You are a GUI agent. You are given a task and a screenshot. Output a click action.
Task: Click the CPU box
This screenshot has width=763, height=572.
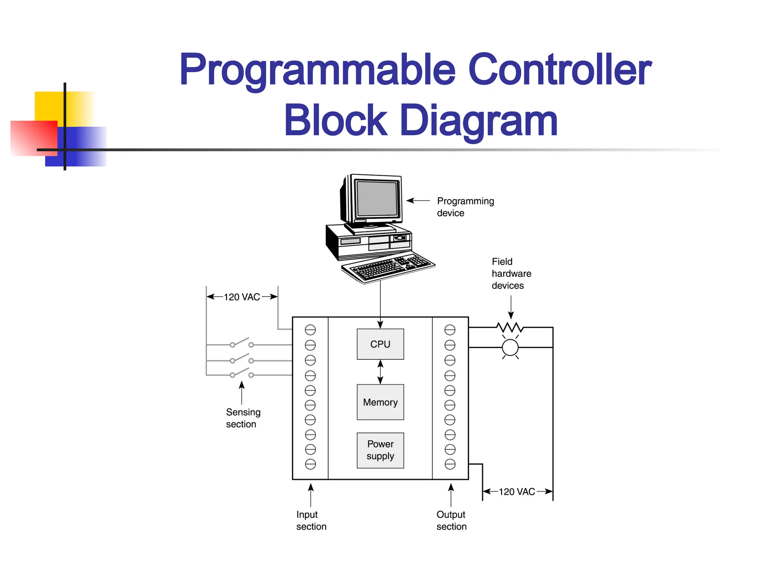[380, 344]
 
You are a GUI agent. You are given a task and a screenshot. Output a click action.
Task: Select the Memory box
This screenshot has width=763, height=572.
[380, 402]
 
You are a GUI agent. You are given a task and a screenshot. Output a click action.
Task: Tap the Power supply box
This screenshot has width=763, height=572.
[380, 450]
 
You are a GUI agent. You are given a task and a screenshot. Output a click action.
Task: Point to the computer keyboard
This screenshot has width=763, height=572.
[388, 267]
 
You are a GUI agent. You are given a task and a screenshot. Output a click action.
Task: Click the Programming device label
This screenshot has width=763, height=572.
[465, 207]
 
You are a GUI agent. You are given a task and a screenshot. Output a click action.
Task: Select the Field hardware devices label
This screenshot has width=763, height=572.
[511, 273]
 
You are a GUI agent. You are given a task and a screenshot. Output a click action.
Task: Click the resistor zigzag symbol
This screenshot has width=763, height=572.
[510, 328]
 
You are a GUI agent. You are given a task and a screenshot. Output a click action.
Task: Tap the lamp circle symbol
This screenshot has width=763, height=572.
[510, 348]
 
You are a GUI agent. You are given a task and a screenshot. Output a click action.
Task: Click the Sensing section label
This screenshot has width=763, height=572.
[243, 418]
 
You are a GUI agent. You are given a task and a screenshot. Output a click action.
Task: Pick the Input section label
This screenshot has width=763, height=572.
[311, 520]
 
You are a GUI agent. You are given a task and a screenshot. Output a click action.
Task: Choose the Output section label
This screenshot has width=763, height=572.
[451, 520]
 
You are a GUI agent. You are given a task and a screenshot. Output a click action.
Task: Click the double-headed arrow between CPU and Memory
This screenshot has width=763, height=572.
[380, 372]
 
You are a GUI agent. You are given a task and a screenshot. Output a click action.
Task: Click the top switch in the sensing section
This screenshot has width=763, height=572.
[241, 343]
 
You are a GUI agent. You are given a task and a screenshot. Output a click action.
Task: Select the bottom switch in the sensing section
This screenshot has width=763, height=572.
[241, 373]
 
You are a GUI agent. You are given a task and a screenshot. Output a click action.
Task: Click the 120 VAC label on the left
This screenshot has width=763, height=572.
[242, 297]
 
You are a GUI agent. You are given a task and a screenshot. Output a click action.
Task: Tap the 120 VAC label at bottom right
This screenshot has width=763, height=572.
[517, 492]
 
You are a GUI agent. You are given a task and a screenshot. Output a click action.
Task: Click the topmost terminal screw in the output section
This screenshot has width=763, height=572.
[450, 330]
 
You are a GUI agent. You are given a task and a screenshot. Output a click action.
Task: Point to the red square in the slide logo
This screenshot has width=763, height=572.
[34, 138]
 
